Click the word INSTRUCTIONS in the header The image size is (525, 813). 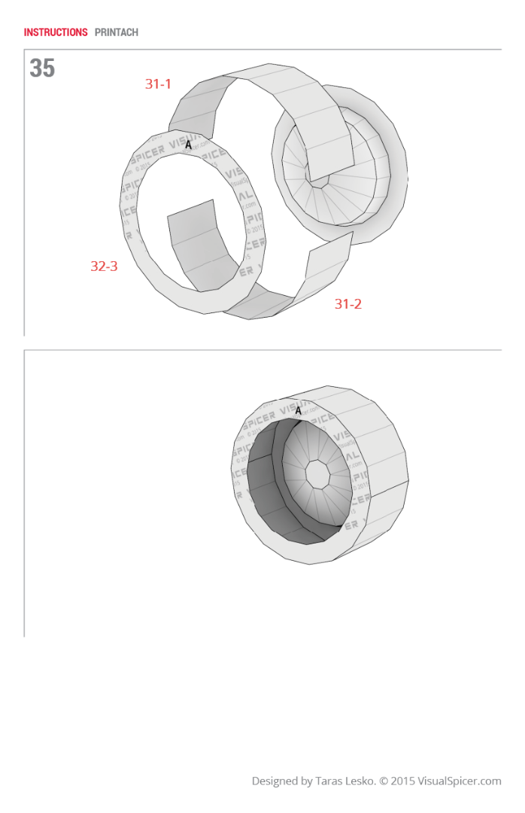coord(56,32)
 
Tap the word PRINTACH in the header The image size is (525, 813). coord(117,32)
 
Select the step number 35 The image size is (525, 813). coord(42,69)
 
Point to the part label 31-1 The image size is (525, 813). coord(158,84)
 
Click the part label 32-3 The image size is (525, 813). coord(104,266)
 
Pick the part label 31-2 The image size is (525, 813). coord(348,304)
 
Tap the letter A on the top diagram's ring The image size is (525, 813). coord(188,144)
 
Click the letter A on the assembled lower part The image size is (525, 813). coord(298,411)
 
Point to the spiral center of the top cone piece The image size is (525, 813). coord(322,181)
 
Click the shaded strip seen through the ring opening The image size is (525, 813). coord(197,245)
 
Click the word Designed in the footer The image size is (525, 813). coord(275,781)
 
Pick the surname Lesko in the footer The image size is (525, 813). coord(362,781)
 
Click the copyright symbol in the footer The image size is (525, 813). coord(386,781)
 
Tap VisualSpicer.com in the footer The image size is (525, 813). coord(462,781)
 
